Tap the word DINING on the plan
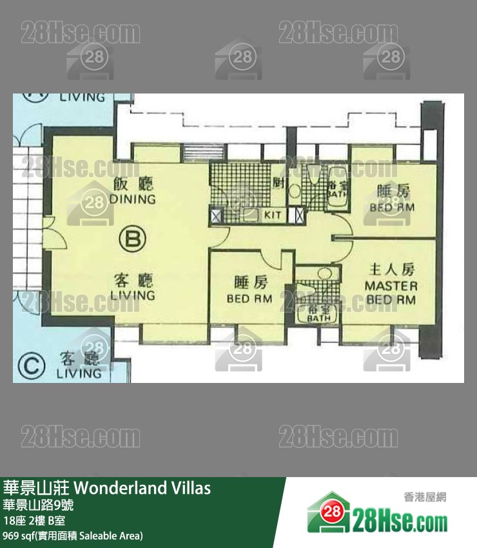coord(133,199)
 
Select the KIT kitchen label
coord(273,215)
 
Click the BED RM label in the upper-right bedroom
coord(392,208)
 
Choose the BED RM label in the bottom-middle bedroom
coord(249,298)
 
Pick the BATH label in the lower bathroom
coord(318,318)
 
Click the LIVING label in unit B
coord(133,295)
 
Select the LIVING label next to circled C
coord(79,373)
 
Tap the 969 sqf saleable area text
coord(73,535)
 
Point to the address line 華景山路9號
coord(38,505)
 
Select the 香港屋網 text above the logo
coord(425,497)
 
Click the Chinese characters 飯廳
coord(133,183)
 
